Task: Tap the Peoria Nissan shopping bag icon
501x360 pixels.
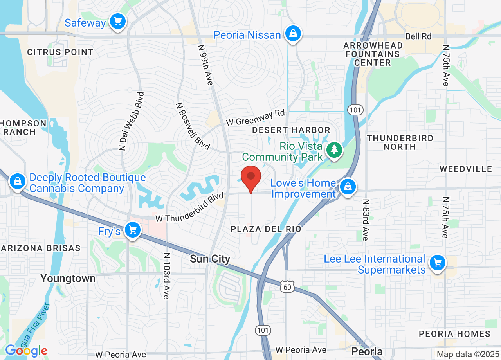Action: [293, 34]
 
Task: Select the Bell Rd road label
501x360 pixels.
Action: [418, 36]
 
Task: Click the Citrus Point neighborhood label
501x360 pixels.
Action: [60, 52]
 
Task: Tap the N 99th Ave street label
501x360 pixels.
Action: [205, 65]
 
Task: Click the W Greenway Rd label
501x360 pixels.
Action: [255, 117]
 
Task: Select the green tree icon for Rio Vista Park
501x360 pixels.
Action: [334, 149]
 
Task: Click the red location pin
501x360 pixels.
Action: [251, 178]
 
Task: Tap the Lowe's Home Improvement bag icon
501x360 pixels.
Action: [347, 187]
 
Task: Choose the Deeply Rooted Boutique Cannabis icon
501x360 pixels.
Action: [18, 181]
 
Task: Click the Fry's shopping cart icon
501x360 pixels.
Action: [132, 230]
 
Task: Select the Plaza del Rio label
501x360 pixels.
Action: [266, 229]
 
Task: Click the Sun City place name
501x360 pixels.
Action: [210, 259]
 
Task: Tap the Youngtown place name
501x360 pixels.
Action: [68, 279]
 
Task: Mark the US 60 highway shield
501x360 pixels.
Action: [287, 287]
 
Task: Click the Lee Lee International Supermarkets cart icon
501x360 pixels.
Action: [437, 263]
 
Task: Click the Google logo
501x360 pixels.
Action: [26, 350]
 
